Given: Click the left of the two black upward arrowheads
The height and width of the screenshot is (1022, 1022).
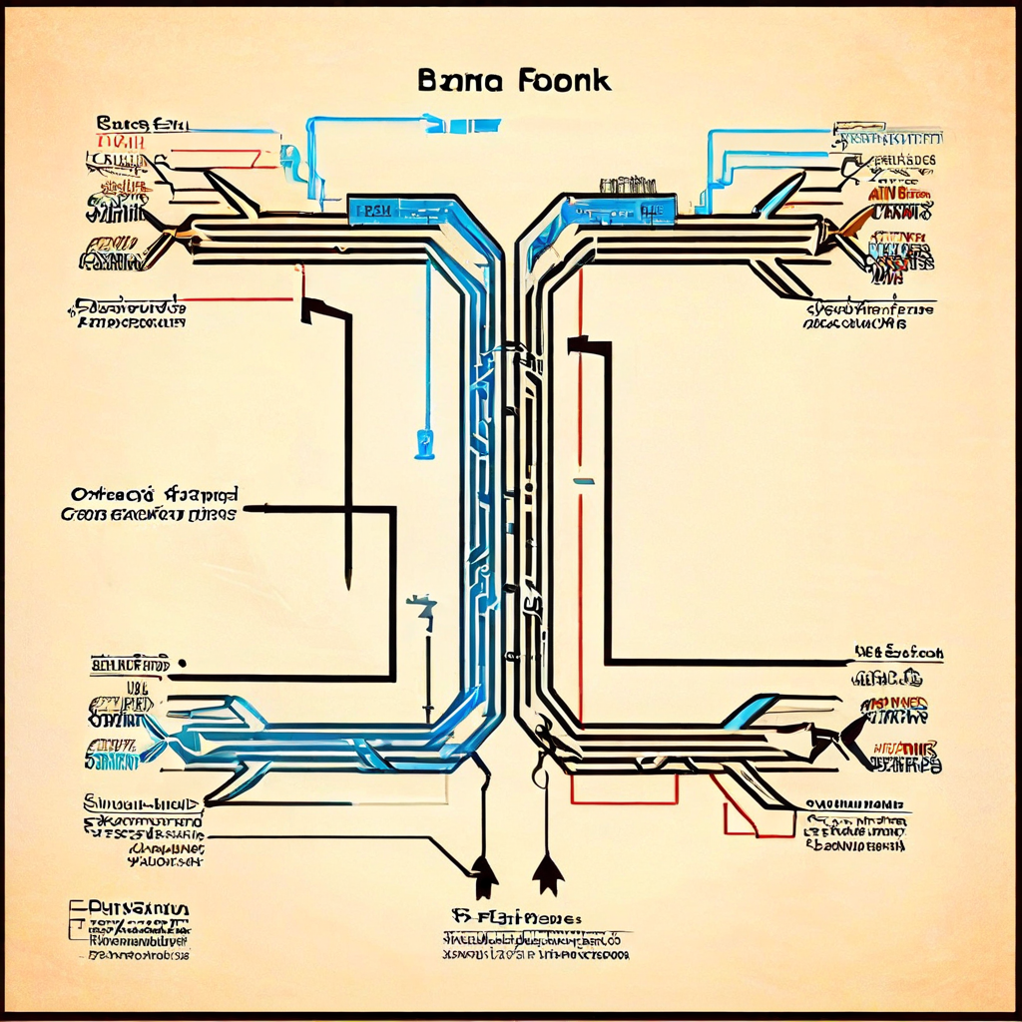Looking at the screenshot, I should (x=485, y=877).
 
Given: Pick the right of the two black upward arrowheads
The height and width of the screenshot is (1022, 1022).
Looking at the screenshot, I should (x=547, y=875).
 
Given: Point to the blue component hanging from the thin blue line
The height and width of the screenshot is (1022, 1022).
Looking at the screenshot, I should (x=425, y=442).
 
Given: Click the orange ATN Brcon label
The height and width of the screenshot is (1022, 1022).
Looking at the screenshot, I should (x=900, y=193).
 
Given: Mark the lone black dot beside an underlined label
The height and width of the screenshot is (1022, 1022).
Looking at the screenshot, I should (x=183, y=663).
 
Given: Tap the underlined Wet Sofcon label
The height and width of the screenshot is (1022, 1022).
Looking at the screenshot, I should (x=898, y=654).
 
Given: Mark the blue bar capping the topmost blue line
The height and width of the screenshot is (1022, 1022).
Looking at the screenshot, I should (x=463, y=125).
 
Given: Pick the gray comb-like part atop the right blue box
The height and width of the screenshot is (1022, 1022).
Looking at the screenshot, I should (x=627, y=185).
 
